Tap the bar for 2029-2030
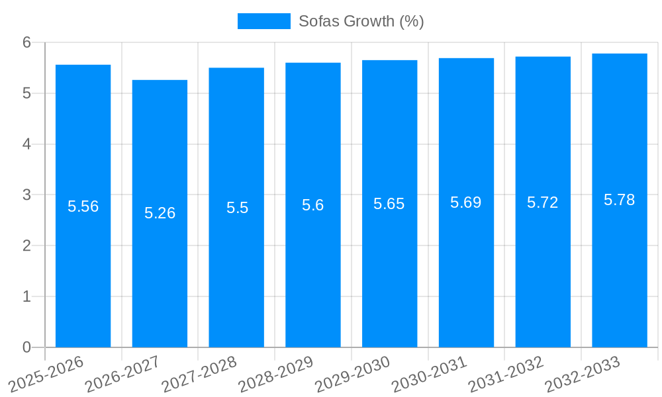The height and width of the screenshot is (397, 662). click(389, 265)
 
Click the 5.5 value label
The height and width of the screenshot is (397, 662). click(237, 208)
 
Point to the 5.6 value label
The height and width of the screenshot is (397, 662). click(312, 205)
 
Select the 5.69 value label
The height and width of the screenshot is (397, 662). click(466, 202)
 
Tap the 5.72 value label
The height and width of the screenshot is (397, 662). click(543, 202)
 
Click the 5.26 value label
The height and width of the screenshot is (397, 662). click(160, 213)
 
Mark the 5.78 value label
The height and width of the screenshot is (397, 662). click(620, 200)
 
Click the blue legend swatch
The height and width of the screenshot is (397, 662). click(263, 21)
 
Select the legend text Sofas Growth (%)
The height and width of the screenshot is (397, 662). click(361, 21)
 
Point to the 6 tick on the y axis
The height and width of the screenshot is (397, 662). click(26, 42)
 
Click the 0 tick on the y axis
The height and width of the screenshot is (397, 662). click(26, 347)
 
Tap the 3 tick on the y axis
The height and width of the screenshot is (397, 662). click(26, 195)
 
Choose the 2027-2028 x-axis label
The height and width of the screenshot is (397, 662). click(199, 374)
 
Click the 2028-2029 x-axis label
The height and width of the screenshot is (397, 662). click(276, 374)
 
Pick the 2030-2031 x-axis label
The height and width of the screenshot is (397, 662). click(430, 374)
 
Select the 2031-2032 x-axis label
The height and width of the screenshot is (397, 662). click(506, 374)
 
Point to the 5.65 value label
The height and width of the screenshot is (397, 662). click(389, 204)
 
